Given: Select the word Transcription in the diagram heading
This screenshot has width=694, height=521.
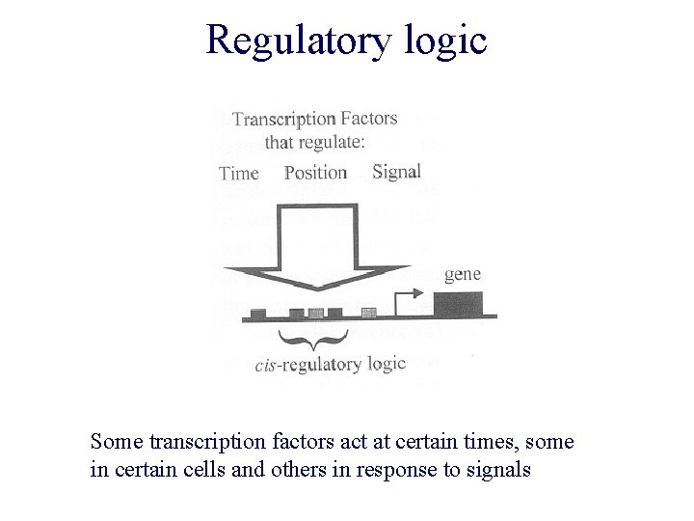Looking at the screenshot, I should click(x=283, y=120).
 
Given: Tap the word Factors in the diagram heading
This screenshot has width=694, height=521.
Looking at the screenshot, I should click(x=368, y=118).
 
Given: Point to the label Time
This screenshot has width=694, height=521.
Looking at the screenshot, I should click(x=239, y=174).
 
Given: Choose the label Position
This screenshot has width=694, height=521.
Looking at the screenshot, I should click(x=315, y=173).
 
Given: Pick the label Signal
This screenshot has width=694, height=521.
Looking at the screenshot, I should click(x=396, y=171).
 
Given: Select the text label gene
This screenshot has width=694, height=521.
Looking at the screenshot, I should click(x=463, y=275).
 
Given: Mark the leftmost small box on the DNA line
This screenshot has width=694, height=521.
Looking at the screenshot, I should click(x=258, y=313).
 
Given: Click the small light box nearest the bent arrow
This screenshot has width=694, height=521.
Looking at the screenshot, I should click(x=368, y=312).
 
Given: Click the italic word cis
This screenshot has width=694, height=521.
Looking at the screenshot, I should click(x=268, y=366).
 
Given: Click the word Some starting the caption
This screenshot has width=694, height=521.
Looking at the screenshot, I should click(x=115, y=442).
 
